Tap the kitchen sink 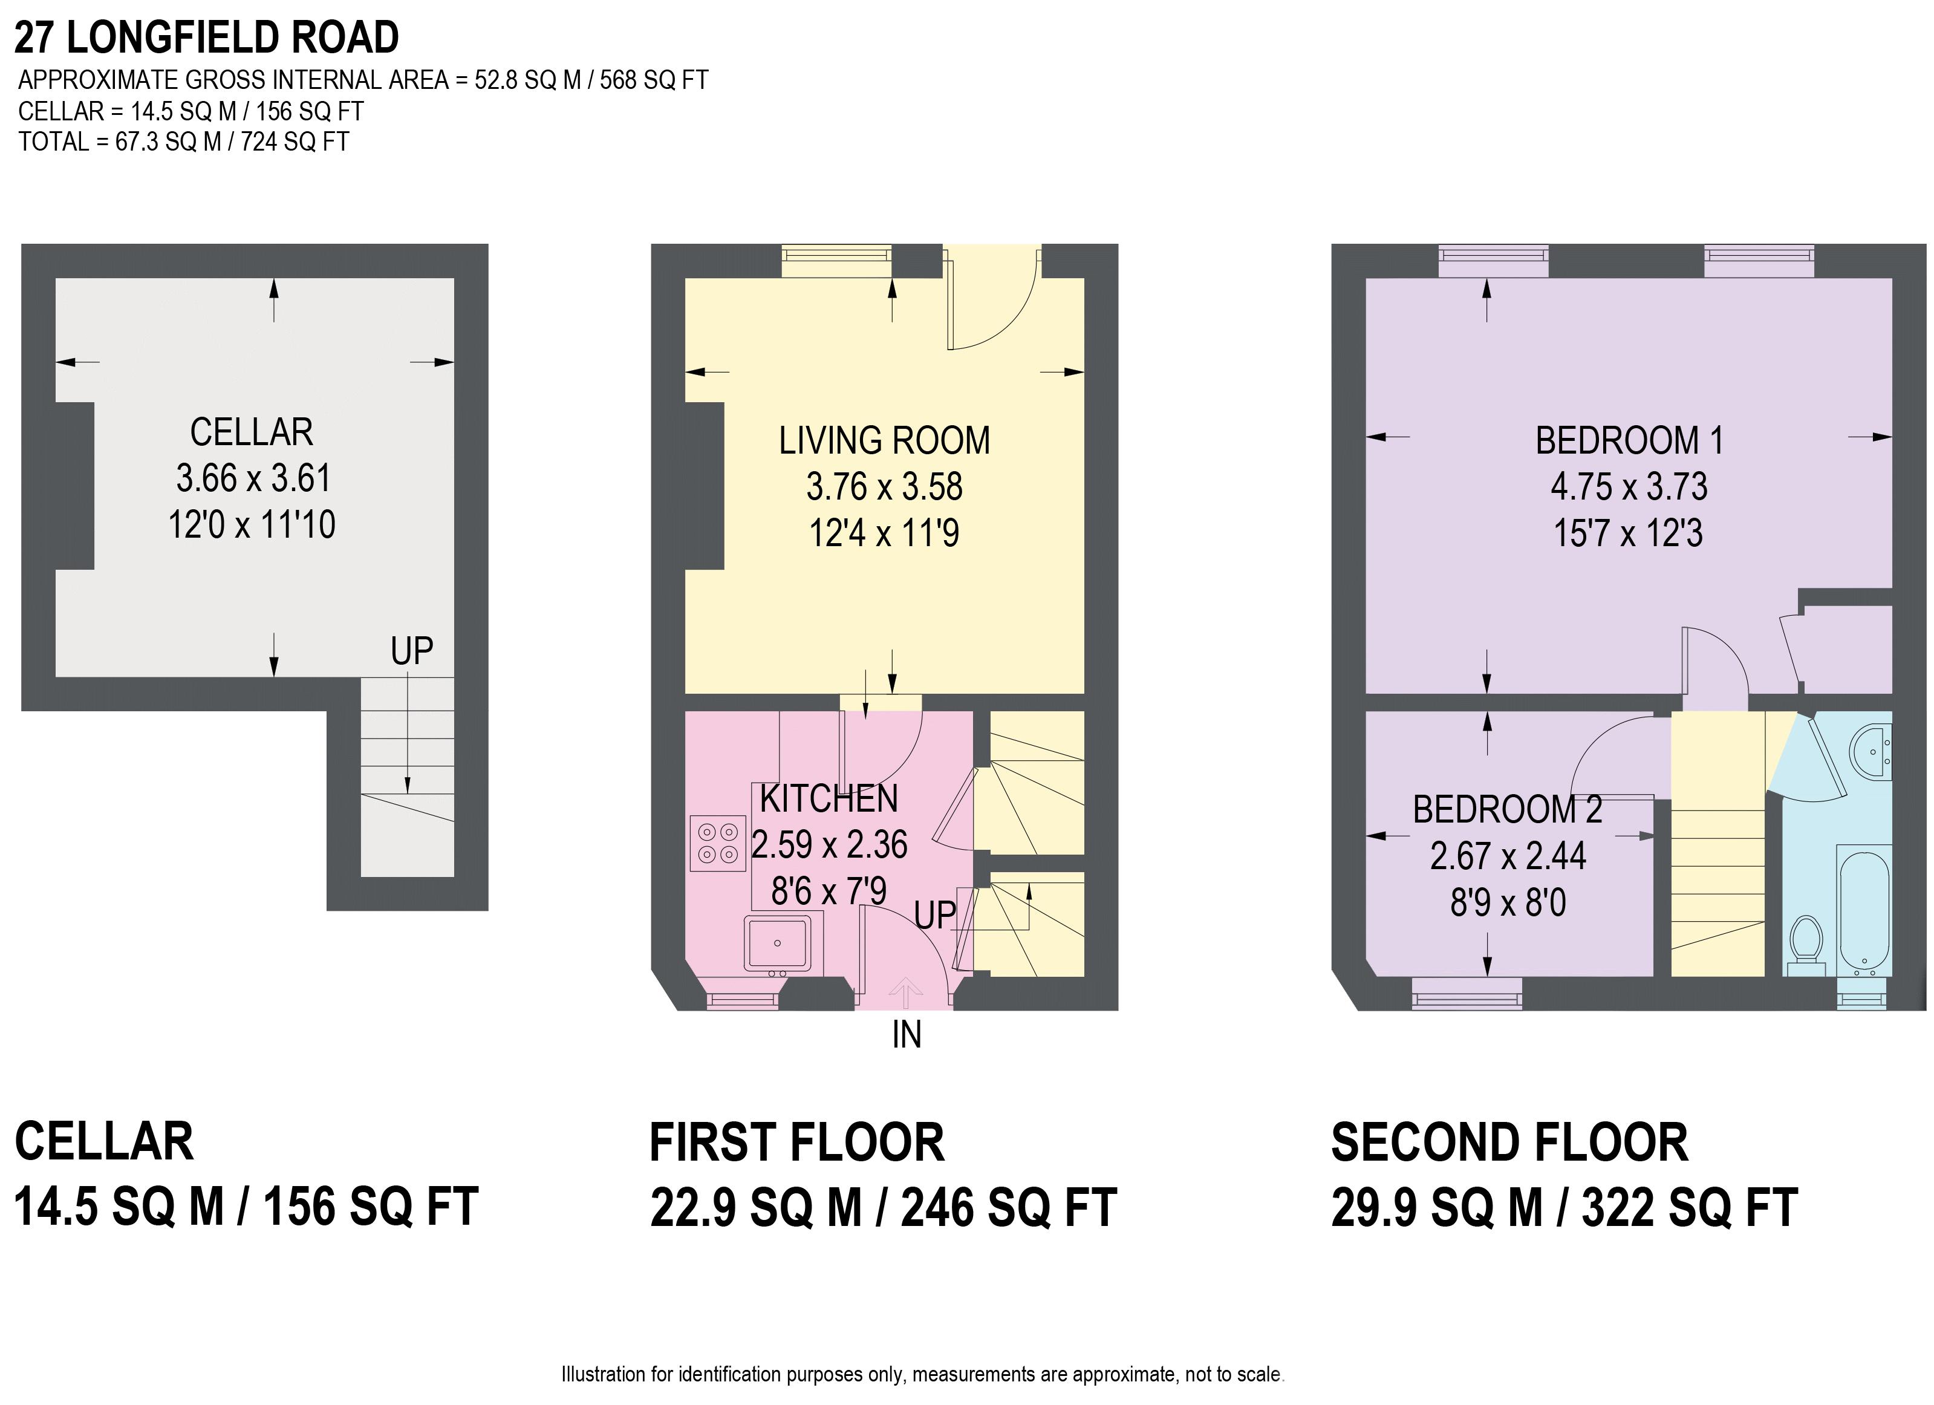[x=778, y=944]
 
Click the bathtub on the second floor [x=1866, y=910]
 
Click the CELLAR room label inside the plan [x=252, y=432]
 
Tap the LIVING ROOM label [x=884, y=441]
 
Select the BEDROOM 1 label [x=1630, y=441]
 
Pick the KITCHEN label [x=829, y=798]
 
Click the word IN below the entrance [x=907, y=1035]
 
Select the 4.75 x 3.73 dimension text [x=1629, y=487]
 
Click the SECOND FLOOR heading [x=1509, y=1143]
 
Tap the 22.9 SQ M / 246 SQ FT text [x=884, y=1208]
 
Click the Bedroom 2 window [x=1467, y=994]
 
